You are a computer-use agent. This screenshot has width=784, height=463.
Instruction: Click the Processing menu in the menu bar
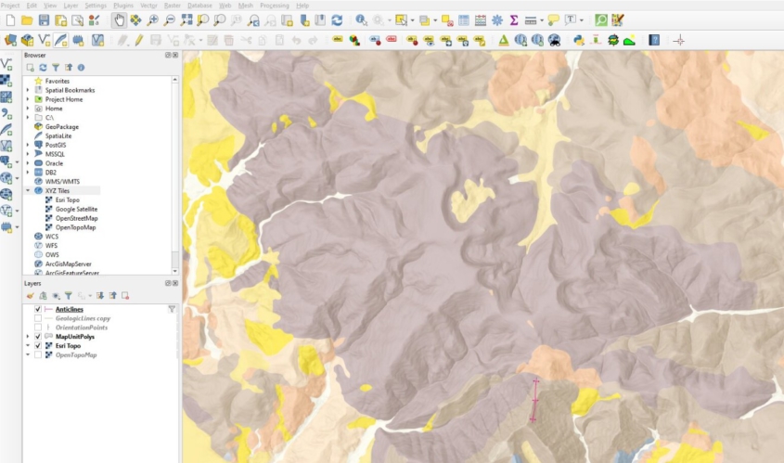coord(274,6)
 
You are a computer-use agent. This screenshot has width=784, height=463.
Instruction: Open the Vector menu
coord(148,6)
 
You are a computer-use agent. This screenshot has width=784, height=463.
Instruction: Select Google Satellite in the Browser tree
coord(76,209)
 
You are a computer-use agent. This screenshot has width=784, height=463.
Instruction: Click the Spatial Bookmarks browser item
coord(70,90)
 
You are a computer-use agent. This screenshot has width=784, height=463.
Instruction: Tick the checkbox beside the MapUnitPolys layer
coord(37,337)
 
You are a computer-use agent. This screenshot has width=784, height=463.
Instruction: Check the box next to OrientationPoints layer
coord(37,328)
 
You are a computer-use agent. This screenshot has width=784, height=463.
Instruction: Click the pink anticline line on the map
coord(534,400)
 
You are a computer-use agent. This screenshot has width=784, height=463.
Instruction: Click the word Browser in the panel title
coord(35,56)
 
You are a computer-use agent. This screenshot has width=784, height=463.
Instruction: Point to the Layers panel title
coord(32,283)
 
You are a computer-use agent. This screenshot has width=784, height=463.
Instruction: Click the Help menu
coord(302,6)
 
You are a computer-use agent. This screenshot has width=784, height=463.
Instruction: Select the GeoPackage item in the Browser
coord(61,126)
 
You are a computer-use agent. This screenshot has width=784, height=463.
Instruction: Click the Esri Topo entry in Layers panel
coord(68,346)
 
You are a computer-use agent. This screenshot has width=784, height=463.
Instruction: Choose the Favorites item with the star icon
coord(58,81)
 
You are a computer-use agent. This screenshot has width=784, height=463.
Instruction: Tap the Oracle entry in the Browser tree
coord(54,163)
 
